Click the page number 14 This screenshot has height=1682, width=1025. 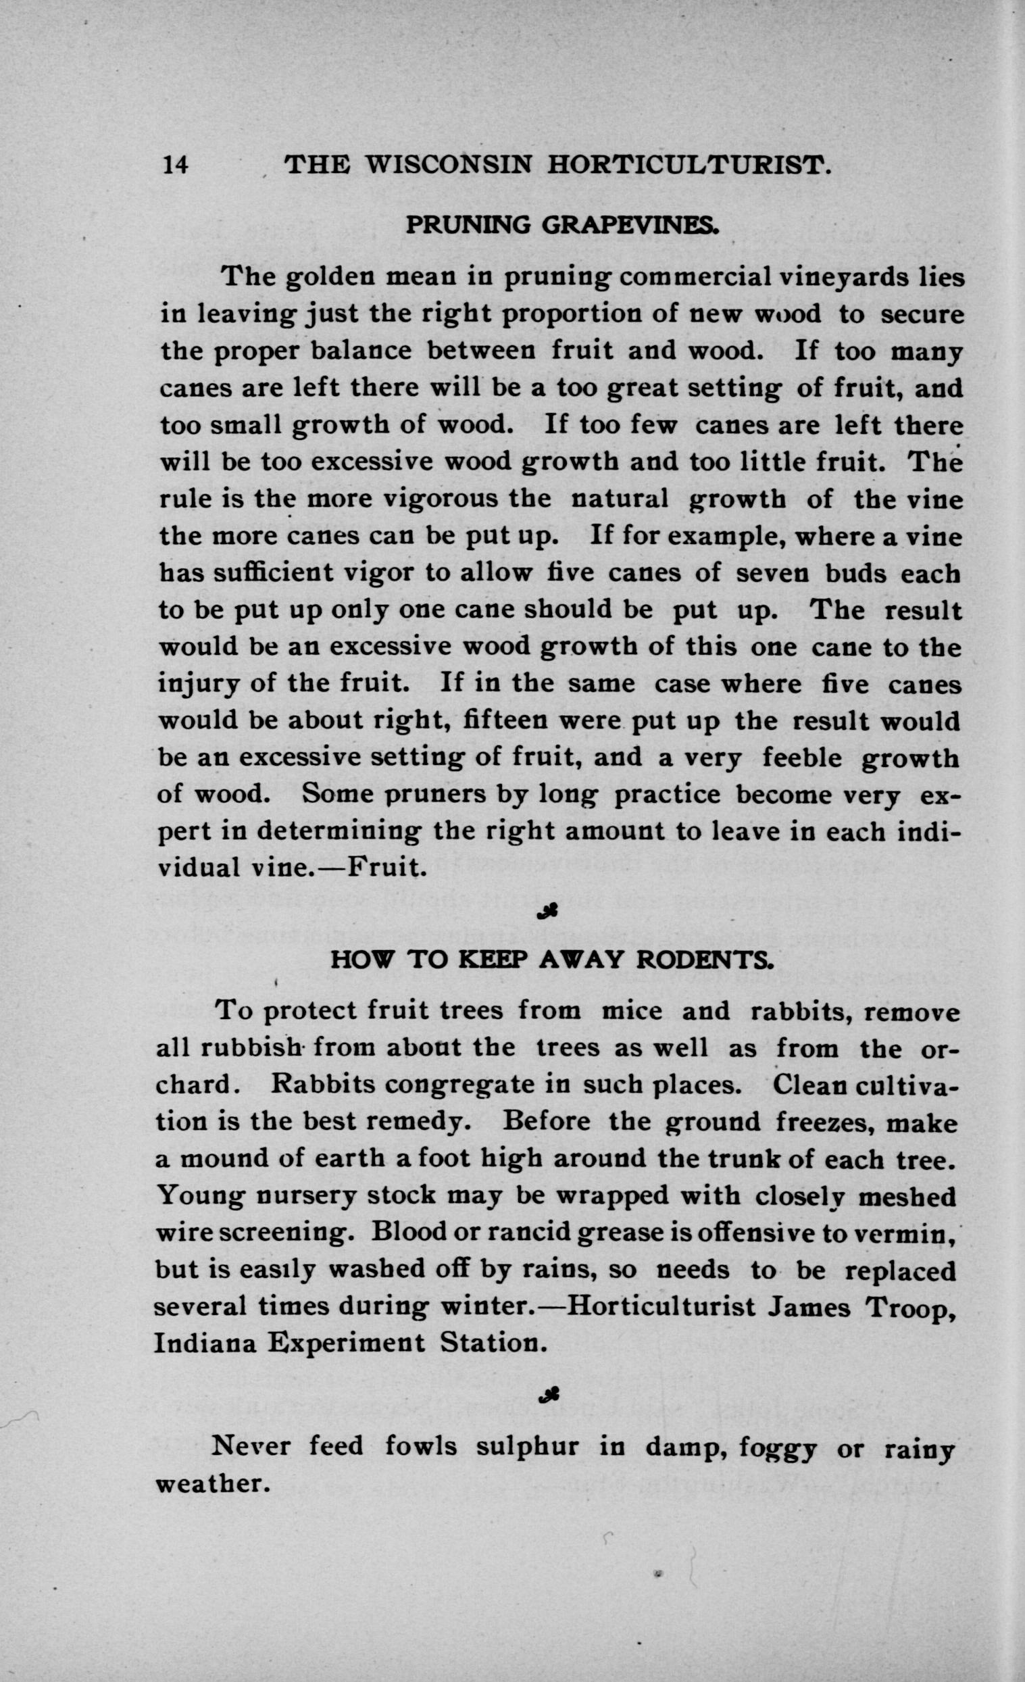tap(175, 166)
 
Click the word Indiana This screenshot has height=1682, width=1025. tap(205, 1343)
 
